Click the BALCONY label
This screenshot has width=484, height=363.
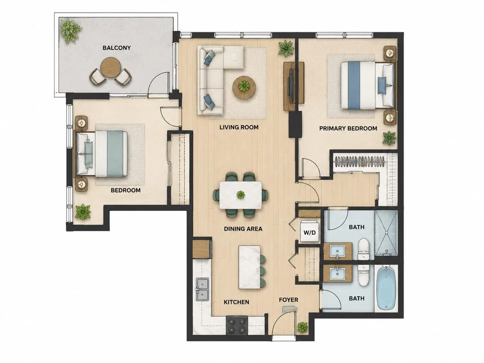tap(116, 48)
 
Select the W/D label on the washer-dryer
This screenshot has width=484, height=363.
tap(310, 232)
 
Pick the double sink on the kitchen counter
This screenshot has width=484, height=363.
tap(202, 289)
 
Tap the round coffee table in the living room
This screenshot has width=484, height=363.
tap(244, 87)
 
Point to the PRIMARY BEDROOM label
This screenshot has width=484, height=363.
tap(348, 128)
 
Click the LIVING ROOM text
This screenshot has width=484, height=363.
tap(239, 127)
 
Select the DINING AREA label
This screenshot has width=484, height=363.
tap(243, 229)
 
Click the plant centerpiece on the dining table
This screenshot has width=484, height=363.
tap(241, 195)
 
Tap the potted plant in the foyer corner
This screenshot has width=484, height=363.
tap(302, 327)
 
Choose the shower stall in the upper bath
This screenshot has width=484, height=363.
tap(386, 233)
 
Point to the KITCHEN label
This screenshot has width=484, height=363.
tap(236, 302)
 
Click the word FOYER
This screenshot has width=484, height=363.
tap(288, 300)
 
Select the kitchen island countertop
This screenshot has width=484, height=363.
tap(250, 267)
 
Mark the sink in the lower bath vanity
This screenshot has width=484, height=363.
tap(337, 273)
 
